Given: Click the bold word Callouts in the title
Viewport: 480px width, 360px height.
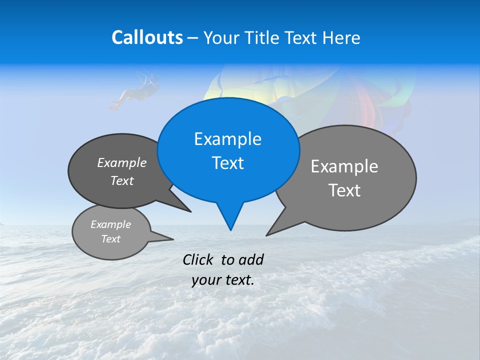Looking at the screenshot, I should point(147,37).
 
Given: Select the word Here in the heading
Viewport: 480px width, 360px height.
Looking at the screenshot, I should point(341,37).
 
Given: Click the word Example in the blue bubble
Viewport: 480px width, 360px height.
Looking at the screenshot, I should point(227,139).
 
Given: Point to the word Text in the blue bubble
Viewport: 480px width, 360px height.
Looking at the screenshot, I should point(227,163).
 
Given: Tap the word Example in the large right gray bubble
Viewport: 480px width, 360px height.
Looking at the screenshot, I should point(344,166).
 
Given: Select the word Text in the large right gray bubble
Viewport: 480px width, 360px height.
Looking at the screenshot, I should point(344,190).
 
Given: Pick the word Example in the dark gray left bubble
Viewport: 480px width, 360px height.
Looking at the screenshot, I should point(121,162).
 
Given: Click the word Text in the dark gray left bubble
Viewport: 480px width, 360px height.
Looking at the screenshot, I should point(121,180).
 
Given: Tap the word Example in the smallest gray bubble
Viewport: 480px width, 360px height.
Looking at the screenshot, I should point(110,224).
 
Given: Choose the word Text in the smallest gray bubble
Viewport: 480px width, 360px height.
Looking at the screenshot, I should point(110,239).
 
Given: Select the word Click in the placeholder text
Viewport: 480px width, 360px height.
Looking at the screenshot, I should point(198,259).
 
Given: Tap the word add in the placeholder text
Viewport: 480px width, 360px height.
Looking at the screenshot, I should point(251,259).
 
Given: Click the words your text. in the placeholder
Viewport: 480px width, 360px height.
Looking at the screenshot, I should point(223,280).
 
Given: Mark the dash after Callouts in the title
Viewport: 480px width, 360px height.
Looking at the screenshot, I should point(193,38).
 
